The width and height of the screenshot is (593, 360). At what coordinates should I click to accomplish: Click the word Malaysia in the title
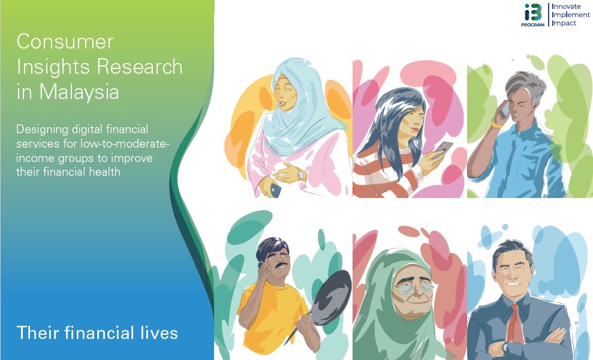point(79,92)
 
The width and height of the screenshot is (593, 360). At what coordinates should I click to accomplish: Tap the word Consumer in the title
point(65,41)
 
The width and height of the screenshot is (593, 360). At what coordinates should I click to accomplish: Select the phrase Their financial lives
point(97,333)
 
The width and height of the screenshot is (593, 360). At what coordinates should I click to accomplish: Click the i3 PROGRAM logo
point(533,15)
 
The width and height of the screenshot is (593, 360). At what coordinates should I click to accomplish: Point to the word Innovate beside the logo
point(566,7)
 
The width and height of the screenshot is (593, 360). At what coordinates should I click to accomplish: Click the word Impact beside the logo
point(564,23)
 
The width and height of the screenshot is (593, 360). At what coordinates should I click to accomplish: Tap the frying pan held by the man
point(329,299)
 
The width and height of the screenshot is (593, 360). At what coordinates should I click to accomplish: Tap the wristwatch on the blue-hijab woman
point(300,175)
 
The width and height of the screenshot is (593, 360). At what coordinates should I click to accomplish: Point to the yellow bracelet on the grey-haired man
point(496,125)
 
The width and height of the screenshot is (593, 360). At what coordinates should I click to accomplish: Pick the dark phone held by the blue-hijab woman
point(275,190)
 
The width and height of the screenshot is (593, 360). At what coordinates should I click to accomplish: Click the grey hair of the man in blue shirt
point(526,85)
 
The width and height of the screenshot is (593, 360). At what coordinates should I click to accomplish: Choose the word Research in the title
point(140,67)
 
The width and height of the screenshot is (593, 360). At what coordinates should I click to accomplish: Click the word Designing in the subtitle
point(42,130)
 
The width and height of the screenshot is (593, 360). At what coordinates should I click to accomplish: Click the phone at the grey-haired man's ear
point(505,109)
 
